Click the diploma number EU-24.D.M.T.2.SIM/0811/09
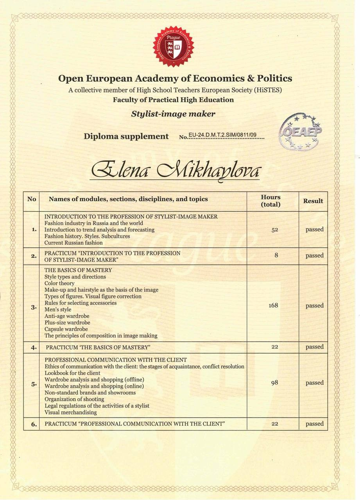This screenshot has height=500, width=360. tap(222, 135)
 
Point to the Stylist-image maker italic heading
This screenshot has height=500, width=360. tap(173, 114)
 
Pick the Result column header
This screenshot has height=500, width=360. tap(313, 201)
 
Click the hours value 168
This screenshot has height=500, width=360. tap(273, 305)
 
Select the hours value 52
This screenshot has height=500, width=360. tap(274, 230)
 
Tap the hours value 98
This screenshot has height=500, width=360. tap(274, 382)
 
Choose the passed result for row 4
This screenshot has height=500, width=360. tap(314, 347)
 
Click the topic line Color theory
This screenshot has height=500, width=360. tap(59, 283)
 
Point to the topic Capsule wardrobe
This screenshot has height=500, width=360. tap(66, 329)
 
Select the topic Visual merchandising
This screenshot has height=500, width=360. tap(71, 412)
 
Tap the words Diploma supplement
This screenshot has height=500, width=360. tap(126, 136)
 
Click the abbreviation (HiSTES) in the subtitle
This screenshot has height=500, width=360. tap(268, 90)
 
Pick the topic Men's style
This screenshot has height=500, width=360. tap(58, 309)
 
